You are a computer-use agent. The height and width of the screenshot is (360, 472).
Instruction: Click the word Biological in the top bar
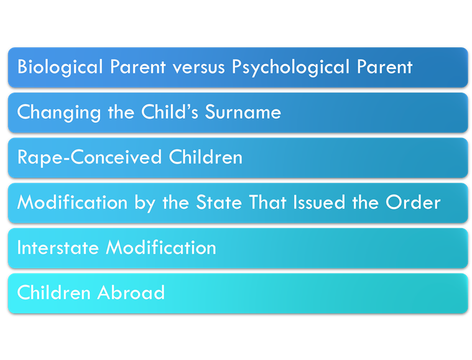pyautogui.click(x=60, y=67)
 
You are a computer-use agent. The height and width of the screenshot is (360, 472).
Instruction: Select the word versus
pyautogui.click(x=198, y=67)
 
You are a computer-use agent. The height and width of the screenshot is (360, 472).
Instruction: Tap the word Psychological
pyautogui.click(x=290, y=67)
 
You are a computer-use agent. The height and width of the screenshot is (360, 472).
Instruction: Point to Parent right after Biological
pyautogui.click(x=138, y=67)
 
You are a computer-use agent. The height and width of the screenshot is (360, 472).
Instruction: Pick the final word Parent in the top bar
pyautogui.click(x=384, y=67)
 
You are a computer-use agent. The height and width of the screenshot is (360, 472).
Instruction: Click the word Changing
pyautogui.click(x=59, y=113)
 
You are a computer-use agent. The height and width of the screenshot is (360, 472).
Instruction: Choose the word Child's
pyautogui.click(x=170, y=112)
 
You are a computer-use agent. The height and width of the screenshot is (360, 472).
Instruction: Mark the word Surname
pyautogui.click(x=243, y=112)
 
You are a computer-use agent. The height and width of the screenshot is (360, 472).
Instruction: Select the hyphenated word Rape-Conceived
pyautogui.click(x=90, y=157)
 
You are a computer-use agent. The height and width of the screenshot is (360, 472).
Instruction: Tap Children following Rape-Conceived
pyautogui.click(x=206, y=157)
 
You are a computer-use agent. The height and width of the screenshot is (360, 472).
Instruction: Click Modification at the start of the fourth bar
pyautogui.click(x=73, y=202)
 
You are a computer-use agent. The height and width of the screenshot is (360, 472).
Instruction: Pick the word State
pyautogui.click(x=219, y=202)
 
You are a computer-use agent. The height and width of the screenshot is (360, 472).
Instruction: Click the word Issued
pyautogui.click(x=319, y=202)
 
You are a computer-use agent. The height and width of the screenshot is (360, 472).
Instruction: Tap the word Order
pyautogui.click(x=414, y=202)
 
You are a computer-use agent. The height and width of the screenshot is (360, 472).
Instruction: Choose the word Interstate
pyautogui.click(x=58, y=247)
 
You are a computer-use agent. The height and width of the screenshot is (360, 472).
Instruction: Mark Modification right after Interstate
pyautogui.click(x=160, y=247)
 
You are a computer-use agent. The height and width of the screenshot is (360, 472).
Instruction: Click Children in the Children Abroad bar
pyautogui.click(x=54, y=292)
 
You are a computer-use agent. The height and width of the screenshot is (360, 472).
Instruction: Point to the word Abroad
pyautogui.click(x=131, y=292)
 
